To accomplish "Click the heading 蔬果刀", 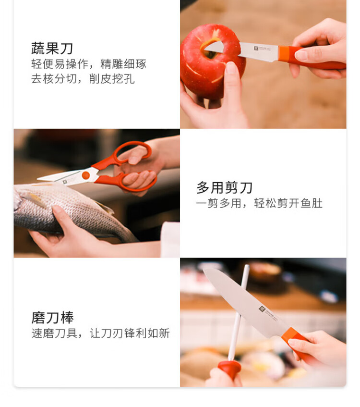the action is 52,48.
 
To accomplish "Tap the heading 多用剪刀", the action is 224,187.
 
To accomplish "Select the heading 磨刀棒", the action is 53,318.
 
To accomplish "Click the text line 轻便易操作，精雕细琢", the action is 89,64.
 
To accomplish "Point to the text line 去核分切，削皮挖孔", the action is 83,79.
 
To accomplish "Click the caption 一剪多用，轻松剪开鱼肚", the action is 259,203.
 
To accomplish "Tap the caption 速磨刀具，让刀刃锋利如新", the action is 101,333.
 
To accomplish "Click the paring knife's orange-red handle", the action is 311,58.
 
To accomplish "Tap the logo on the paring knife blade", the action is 262,49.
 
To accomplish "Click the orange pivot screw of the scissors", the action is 85,175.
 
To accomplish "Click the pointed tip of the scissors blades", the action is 38,179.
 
